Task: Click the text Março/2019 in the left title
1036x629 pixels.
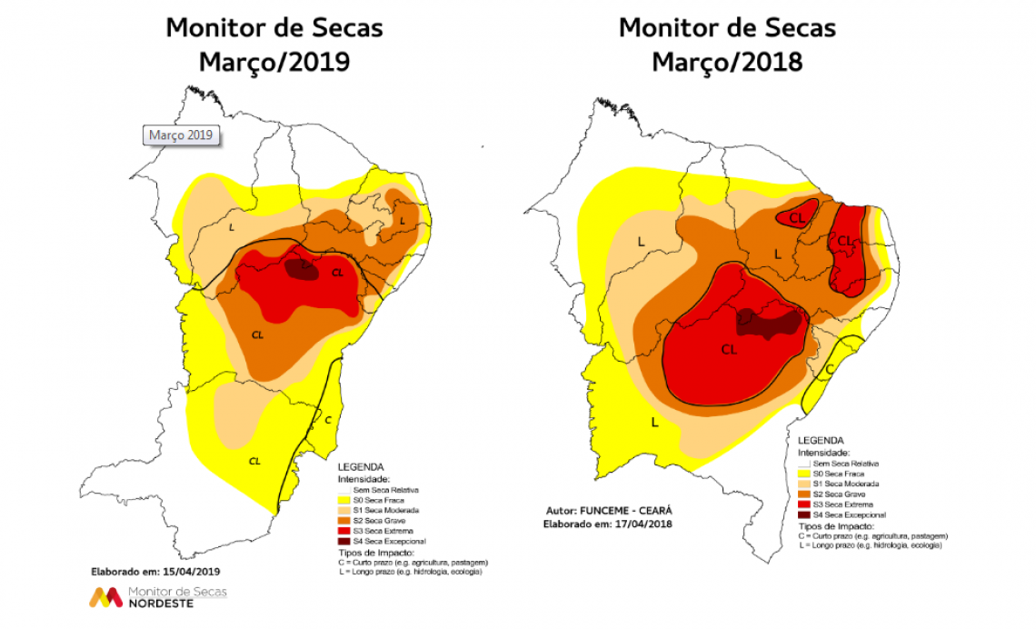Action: pyautogui.click(x=274, y=62)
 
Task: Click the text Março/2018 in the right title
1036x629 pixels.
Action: pyautogui.click(x=726, y=62)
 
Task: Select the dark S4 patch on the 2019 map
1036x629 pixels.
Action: pyautogui.click(x=301, y=268)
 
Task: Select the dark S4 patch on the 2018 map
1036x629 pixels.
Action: pyautogui.click(x=770, y=323)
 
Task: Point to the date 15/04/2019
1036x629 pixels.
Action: pyautogui.click(x=189, y=571)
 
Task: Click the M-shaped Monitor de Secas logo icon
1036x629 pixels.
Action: pyautogui.click(x=105, y=597)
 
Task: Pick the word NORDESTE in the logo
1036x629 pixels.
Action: pyautogui.click(x=161, y=604)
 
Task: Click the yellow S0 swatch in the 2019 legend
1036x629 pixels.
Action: pyautogui.click(x=343, y=499)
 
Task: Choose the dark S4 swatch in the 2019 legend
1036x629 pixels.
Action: pyautogui.click(x=343, y=540)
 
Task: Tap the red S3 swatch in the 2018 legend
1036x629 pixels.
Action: pyautogui.click(x=803, y=504)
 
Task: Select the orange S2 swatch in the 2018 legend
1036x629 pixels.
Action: pyautogui.click(x=803, y=494)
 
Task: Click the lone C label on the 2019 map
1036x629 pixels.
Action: pyautogui.click(x=328, y=419)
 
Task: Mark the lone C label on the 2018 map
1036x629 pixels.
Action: pyautogui.click(x=829, y=369)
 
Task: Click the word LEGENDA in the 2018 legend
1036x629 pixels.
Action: pyautogui.click(x=819, y=441)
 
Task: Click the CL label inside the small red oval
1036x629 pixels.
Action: pyautogui.click(x=797, y=217)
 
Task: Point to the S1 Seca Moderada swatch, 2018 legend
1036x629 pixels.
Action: pyautogui.click(x=803, y=484)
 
